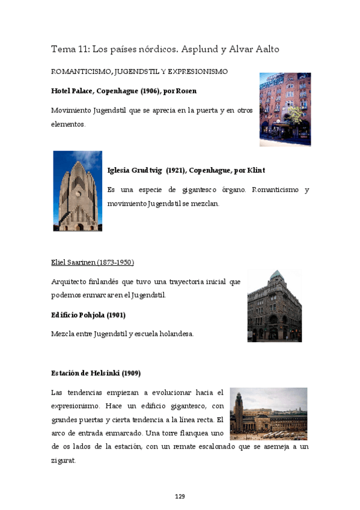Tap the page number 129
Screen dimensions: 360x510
180,496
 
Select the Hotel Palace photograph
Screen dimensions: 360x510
285,109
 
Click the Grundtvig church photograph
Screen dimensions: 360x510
78,191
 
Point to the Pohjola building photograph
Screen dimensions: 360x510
274,306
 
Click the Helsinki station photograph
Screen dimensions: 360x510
269,413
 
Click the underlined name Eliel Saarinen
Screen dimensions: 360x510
93,263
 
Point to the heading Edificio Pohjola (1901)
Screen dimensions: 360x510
88,315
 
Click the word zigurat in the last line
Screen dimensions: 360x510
64,460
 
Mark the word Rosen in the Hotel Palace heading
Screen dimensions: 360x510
186,91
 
